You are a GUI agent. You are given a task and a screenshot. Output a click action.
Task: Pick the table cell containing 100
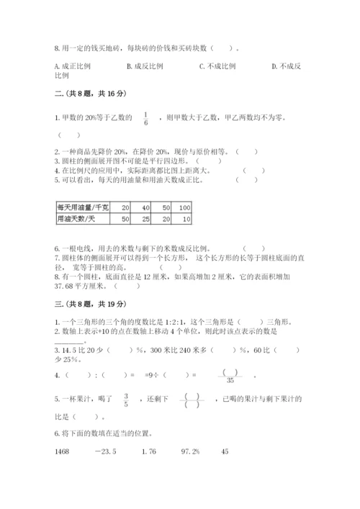184,207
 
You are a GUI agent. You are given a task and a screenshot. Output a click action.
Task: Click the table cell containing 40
145,207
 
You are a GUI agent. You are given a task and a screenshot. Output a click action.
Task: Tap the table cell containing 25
145,218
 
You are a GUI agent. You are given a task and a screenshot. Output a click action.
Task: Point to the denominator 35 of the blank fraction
230,380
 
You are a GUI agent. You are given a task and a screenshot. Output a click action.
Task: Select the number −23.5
106,451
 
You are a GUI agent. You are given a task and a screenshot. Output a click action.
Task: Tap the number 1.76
148,451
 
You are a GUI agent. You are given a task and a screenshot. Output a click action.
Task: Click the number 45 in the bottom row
225,451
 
